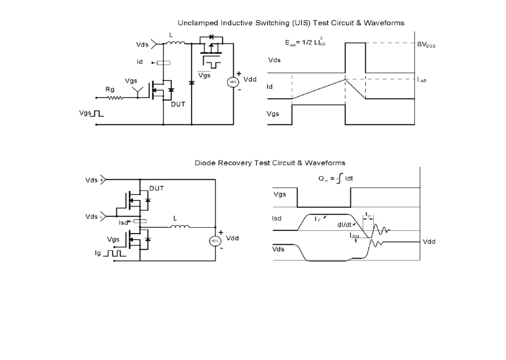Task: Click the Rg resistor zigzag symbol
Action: pyautogui.click(x=115, y=98)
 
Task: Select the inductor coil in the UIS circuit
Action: pyautogui.click(x=176, y=43)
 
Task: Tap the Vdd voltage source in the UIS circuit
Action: pyautogui.click(x=233, y=83)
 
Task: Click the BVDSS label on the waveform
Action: pyautogui.click(x=426, y=45)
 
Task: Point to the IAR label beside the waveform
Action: pyautogui.click(x=422, y=80)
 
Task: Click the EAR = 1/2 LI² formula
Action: pyautogui.click(x=305, y=43)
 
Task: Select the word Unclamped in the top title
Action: pyautogui.click(x=197, y=23)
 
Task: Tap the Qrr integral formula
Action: pyautogui.click(x=336, y=178)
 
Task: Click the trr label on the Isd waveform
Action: pyautogui.click(x=368, y=214)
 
